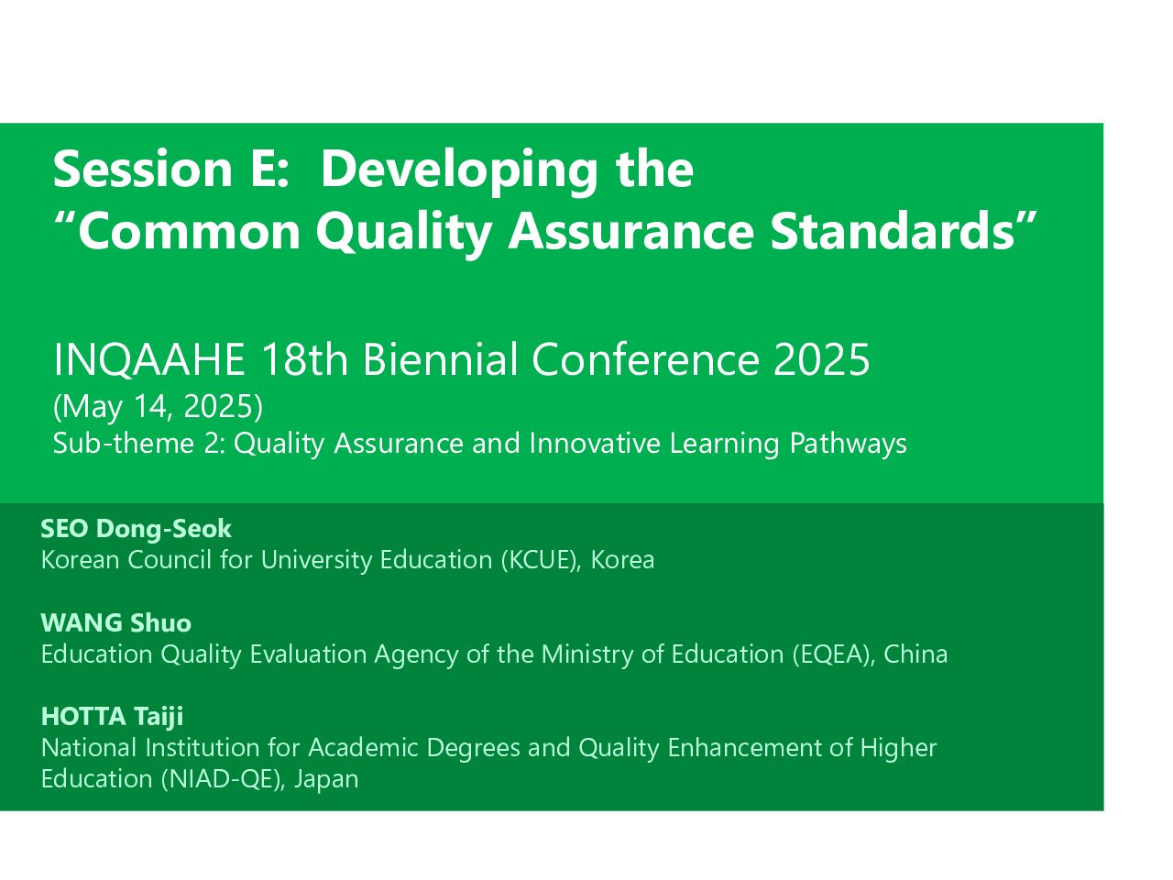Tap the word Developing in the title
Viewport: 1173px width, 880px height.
459,172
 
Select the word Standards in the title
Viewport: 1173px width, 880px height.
892,231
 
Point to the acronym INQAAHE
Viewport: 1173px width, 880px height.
149,360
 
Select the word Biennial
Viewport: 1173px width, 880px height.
441,359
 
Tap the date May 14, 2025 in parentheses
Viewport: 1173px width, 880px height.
158,407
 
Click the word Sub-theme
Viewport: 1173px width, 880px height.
124,444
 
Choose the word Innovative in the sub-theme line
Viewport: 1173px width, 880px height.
595,444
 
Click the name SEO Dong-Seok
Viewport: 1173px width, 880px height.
137,529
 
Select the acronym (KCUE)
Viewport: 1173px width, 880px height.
541,560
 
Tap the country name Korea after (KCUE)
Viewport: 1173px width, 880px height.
622,560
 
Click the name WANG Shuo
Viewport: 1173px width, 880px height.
116,623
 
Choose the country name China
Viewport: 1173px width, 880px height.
915,654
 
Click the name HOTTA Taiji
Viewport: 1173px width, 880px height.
112,717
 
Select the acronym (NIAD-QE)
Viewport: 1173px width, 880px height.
224,779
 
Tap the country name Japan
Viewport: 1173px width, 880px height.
326,780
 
